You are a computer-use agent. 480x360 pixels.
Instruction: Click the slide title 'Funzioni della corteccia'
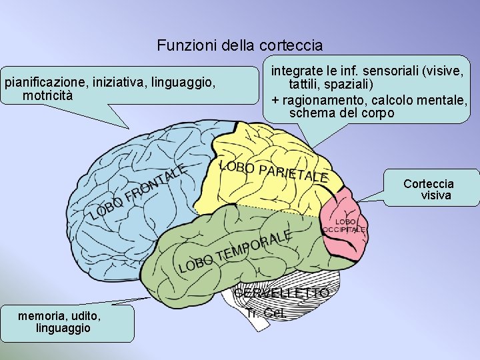240,46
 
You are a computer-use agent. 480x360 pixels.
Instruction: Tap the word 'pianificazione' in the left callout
39,83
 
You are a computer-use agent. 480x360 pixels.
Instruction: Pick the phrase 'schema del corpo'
341,113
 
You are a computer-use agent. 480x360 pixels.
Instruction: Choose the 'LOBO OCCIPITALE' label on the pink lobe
344,225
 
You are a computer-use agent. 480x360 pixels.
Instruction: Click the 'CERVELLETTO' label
281,293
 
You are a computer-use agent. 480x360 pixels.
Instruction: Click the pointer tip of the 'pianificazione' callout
128,127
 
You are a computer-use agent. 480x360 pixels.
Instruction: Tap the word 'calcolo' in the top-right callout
392,100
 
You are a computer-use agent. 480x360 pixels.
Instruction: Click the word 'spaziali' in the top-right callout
353,85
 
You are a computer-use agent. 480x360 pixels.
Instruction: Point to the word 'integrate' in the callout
295,70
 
